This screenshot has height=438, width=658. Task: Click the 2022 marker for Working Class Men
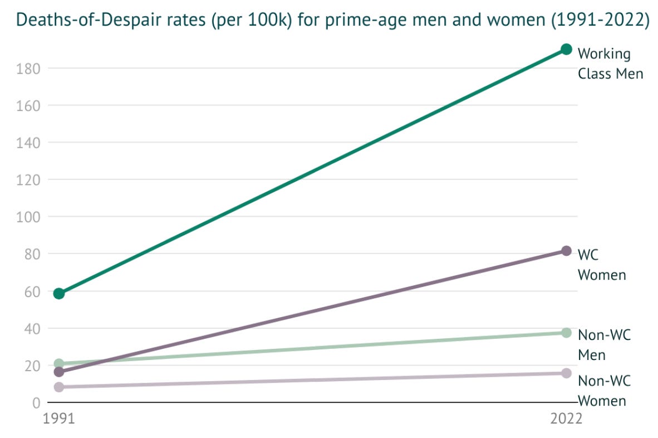pyautogui.click(x=566, y=49)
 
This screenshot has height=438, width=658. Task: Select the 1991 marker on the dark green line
pyautogui.click(x=59, y=293)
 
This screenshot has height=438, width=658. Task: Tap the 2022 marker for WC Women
pyautogui.click(x=566, y=251)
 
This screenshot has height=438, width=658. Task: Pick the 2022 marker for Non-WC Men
pyautogui.click(x=566, y=333)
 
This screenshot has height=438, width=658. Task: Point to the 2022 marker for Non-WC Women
pyautogui.click(x=566, y=373)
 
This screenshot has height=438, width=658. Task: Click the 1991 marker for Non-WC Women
pyautogui.click(x=59, y=387)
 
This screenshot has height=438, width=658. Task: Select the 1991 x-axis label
pyautogui.click(x=58, y=419)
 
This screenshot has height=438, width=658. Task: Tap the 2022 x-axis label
pyautogui.click(x=566, y=419)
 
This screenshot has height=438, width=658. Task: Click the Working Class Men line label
pyautogui.click(x=610, y=64)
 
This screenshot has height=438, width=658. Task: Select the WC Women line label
pyautogui.click(x=602, y=264)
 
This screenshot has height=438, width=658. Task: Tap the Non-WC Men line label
pyautogui.click(x=604, y=344)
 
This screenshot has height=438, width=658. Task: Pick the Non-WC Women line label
pyautogui.click(x=604, y=391)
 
